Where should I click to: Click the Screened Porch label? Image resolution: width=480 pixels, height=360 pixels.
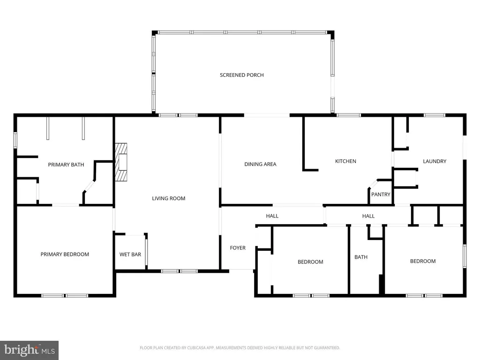click(242, 75)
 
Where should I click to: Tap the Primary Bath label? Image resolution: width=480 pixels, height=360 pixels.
click(66, 165)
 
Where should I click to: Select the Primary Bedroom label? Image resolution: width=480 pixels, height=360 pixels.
click(65, 254)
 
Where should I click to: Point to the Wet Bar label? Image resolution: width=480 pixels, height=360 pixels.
click(130, 255)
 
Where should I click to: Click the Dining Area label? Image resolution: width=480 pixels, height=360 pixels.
click(260, 164)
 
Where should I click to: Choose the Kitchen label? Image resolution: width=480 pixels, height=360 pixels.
click(345, 161)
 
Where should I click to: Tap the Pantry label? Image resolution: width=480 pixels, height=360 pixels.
click(381, 194)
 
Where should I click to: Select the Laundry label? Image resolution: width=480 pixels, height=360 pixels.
click(435, 161)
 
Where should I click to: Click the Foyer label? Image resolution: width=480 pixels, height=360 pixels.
click(238, 247)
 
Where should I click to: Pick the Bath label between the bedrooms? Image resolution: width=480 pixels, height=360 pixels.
click(361, 257)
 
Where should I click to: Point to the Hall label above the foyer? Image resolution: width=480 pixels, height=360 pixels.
click(272, 216)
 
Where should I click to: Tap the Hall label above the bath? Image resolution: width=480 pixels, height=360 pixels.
click(368, 216)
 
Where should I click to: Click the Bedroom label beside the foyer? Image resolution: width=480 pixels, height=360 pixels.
click(310, 262)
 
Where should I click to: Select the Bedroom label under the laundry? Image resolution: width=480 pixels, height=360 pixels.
click(423, 261)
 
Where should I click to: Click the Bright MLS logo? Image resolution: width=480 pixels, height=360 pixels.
click(29, 350)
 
